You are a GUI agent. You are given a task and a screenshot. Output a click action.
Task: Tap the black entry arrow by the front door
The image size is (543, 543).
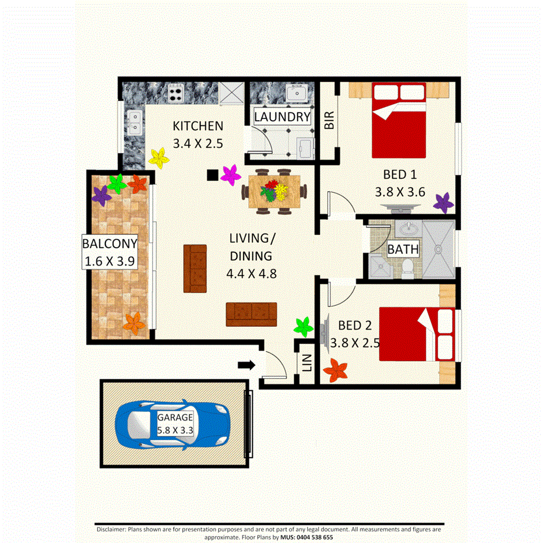[246, 365]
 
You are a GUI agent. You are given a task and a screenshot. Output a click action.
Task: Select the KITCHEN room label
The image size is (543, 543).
[198, 125]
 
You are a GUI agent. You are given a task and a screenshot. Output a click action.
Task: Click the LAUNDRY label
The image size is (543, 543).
[283, 117]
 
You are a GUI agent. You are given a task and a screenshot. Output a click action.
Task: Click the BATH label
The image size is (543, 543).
[403, 249]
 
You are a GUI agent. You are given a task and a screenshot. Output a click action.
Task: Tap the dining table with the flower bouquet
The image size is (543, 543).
[274, 191]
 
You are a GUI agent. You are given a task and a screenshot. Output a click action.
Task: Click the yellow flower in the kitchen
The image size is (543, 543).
[158, 156]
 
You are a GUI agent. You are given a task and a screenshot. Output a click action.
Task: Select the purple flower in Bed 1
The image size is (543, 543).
[444, 203]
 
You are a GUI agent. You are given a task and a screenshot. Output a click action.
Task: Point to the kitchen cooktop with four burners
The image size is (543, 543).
[176, 92]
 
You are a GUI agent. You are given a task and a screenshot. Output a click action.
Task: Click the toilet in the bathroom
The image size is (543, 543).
[408, 267]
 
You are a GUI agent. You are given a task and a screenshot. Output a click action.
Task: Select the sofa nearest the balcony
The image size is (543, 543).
[195, 268]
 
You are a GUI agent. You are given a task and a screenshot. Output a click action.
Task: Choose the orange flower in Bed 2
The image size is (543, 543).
[336, 370]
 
